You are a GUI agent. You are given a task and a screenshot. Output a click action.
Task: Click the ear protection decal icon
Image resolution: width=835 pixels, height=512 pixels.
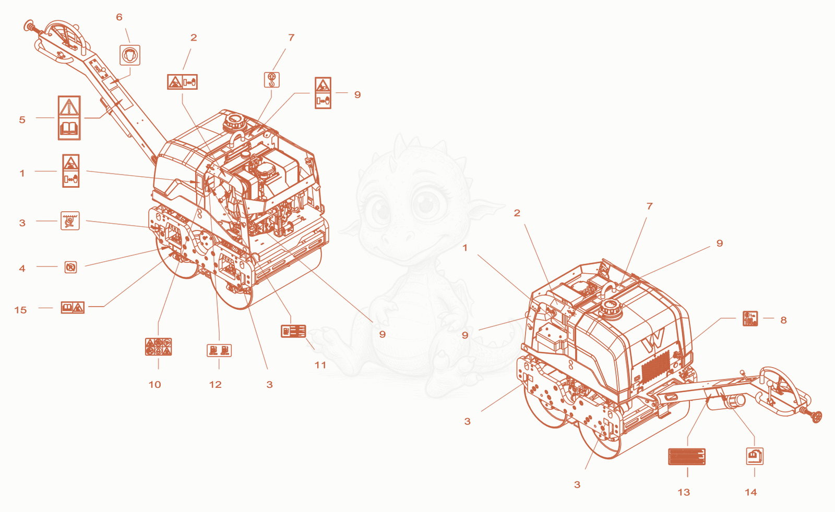[x=130, y=55]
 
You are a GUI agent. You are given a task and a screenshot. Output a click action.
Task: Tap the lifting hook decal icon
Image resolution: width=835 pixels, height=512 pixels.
[x=272, y=80]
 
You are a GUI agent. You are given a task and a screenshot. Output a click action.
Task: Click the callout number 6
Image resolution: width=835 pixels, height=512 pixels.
[x=120, y=17]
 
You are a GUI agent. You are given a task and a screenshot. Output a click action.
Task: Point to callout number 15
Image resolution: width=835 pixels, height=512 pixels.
[x=20, y=310]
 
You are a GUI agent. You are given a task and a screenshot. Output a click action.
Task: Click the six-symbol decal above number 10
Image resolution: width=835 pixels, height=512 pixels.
[x=159, y=347]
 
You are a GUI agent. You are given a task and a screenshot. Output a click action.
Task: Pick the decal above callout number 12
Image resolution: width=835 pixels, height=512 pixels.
[x=219, y=350]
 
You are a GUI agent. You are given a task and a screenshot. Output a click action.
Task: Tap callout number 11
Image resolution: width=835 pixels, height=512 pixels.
[x=320, y=365]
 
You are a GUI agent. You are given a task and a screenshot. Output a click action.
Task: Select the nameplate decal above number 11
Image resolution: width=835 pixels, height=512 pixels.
[x=293, y=331]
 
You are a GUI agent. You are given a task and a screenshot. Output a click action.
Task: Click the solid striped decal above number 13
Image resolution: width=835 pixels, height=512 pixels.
[x=687, y=457]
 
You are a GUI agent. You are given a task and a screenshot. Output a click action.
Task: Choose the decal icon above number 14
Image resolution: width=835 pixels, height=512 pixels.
[x=755, y=456]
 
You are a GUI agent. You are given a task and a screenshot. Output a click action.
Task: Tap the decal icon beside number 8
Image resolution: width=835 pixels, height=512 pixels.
[x=750, y=319]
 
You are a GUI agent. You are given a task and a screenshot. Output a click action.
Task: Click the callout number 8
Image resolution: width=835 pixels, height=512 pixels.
[x=783, y=320]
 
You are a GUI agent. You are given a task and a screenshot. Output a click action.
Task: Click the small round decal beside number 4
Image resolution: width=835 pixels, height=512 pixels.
[x=70, y=267]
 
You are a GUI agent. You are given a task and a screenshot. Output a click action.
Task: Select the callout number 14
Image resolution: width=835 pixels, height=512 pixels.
[x=751, y=492]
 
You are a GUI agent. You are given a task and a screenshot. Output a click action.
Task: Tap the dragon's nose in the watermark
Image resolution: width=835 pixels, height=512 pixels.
[x=408, y=235]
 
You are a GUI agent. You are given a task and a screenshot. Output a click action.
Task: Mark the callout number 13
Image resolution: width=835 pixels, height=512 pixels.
[x=684, y=492]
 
